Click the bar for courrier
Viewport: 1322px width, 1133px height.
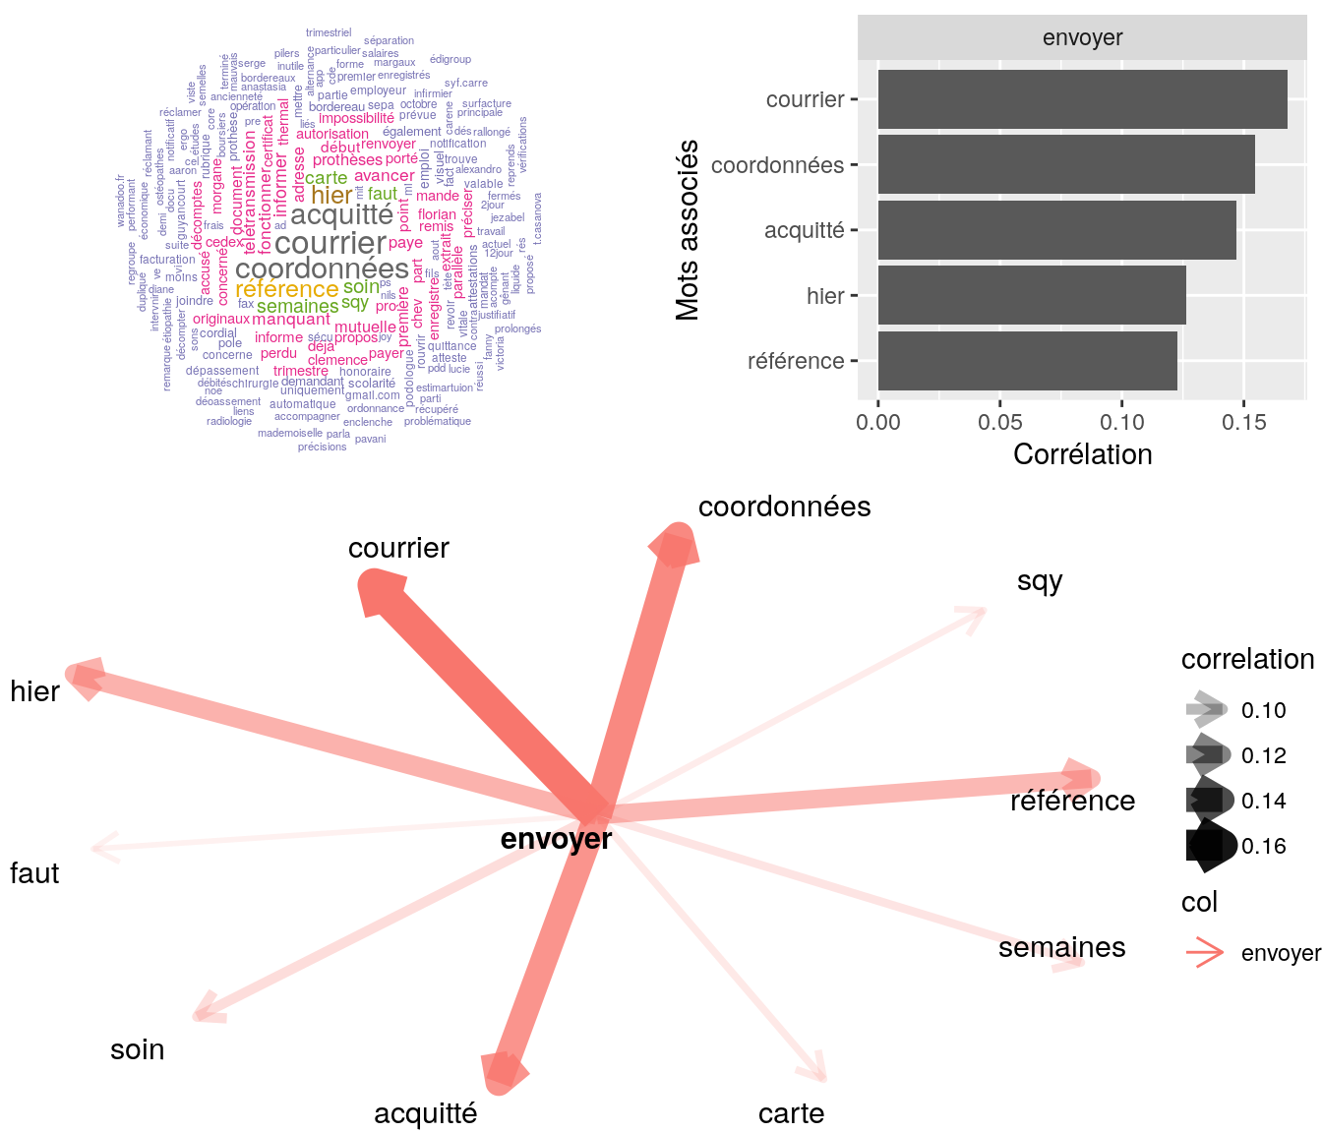[1082, 99]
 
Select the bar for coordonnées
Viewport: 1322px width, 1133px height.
[1066, 164]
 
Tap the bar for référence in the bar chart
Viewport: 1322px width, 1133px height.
[1027, 361]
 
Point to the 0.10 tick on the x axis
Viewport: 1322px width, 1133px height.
[1122, 422]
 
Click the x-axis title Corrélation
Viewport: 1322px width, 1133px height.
[1082, 454]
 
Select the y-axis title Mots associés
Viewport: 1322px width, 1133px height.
[689, 230]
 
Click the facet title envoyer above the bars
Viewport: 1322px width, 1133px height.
[1082, 38]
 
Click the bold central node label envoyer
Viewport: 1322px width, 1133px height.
[556, 839]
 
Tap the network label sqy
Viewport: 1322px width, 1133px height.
[1040, 581]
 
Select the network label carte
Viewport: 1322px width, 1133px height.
[791, 1113]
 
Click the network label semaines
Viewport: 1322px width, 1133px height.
[1061, 947]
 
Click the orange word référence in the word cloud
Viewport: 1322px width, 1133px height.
[287, 289]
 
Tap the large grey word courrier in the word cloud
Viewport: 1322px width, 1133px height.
[330, 243]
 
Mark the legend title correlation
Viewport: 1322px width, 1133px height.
[1247, 659]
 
